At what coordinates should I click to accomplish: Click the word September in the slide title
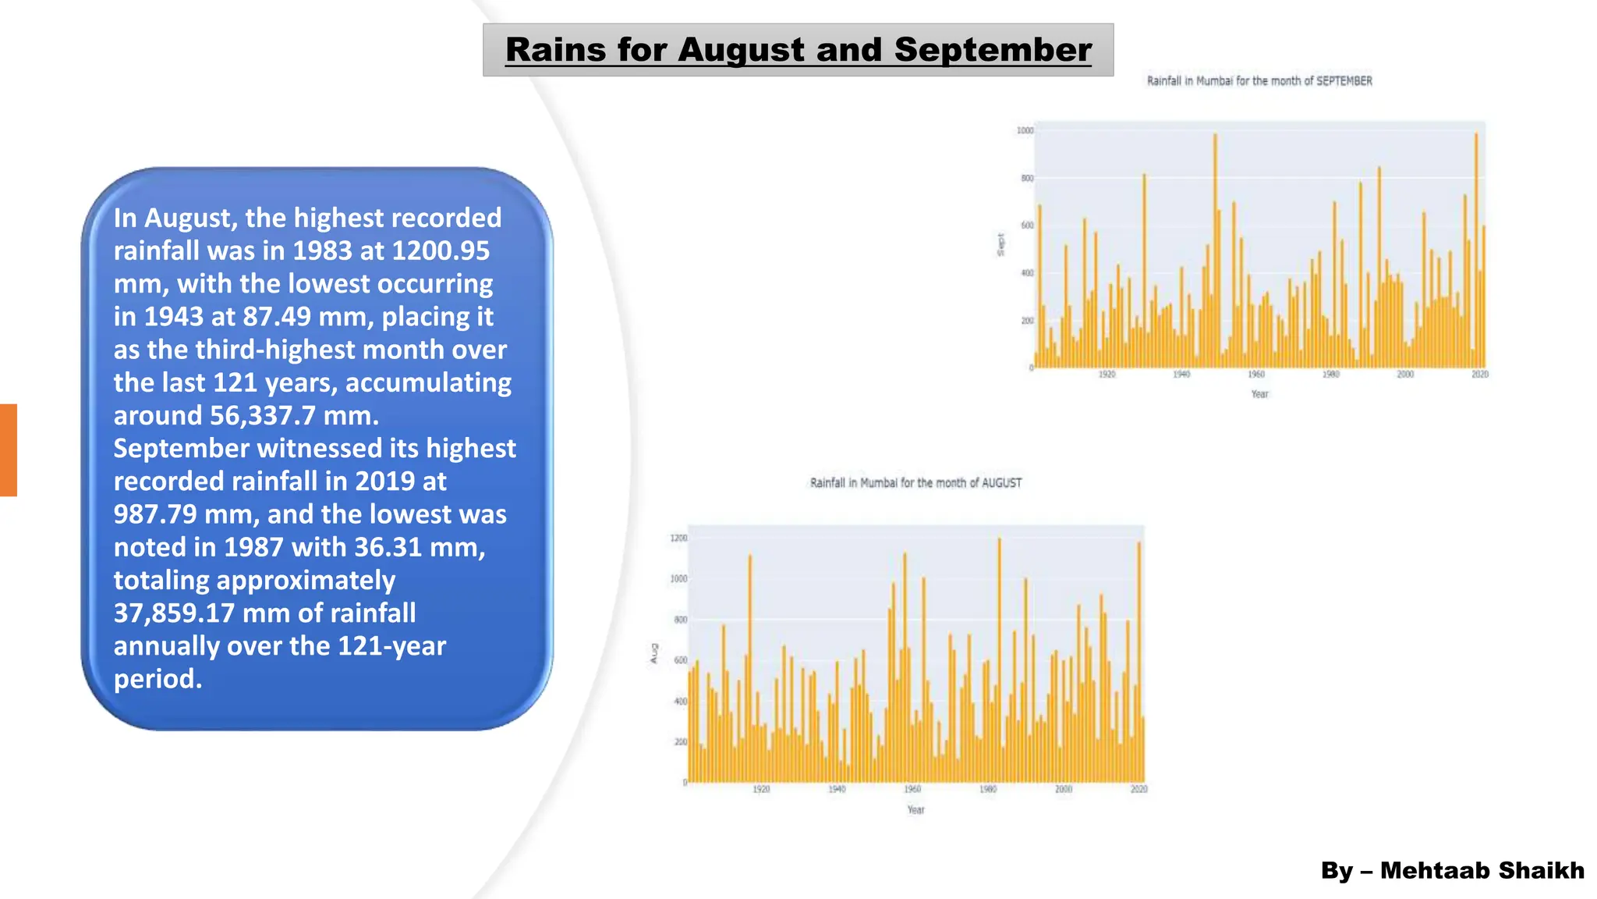pos(992,50)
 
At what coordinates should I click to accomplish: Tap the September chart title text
pos(1259,80)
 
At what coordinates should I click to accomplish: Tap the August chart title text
pos(915,483)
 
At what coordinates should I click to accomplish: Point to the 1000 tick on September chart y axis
pos(1025,130)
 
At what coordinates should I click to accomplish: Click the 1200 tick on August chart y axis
pos(678,538)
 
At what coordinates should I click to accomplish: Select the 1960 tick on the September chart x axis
pos(1255,375)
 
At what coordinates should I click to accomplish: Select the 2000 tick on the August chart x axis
pos(1063,790)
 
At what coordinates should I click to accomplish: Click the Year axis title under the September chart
pos(1259,394)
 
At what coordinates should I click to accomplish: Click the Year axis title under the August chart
pos(915,810)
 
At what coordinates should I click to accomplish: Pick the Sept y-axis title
pos(1000,244)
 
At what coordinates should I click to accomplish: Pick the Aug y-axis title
pos(654,654)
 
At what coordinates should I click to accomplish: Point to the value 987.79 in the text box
pos(155,514)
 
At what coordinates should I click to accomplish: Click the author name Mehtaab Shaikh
pos(1482,870)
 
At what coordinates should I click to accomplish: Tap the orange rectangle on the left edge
pos(8,450)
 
